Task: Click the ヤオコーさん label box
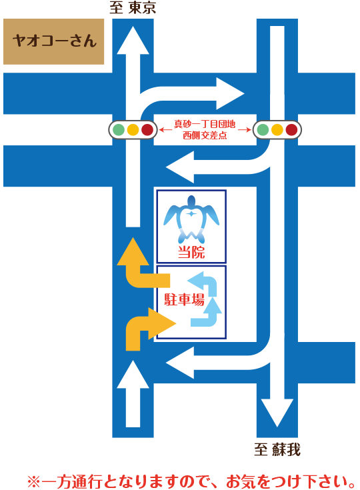coord(53,41)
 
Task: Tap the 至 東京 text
coord(133,7)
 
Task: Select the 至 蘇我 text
coord(277,450)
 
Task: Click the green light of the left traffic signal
coord(119,130)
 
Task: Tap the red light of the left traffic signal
coord(147,130)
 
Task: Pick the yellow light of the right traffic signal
coord(277,130)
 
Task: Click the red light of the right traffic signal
coord(291,130)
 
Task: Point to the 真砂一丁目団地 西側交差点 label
coord(205,130)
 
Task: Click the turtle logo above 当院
coord(191,219)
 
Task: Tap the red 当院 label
coord(191,252)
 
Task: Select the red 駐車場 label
coord(185,300)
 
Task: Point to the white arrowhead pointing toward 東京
coord(133,41)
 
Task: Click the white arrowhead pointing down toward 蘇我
coord(277,413)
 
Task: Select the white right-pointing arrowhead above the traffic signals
coord(230,93)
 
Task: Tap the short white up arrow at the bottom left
coord(133,394)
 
